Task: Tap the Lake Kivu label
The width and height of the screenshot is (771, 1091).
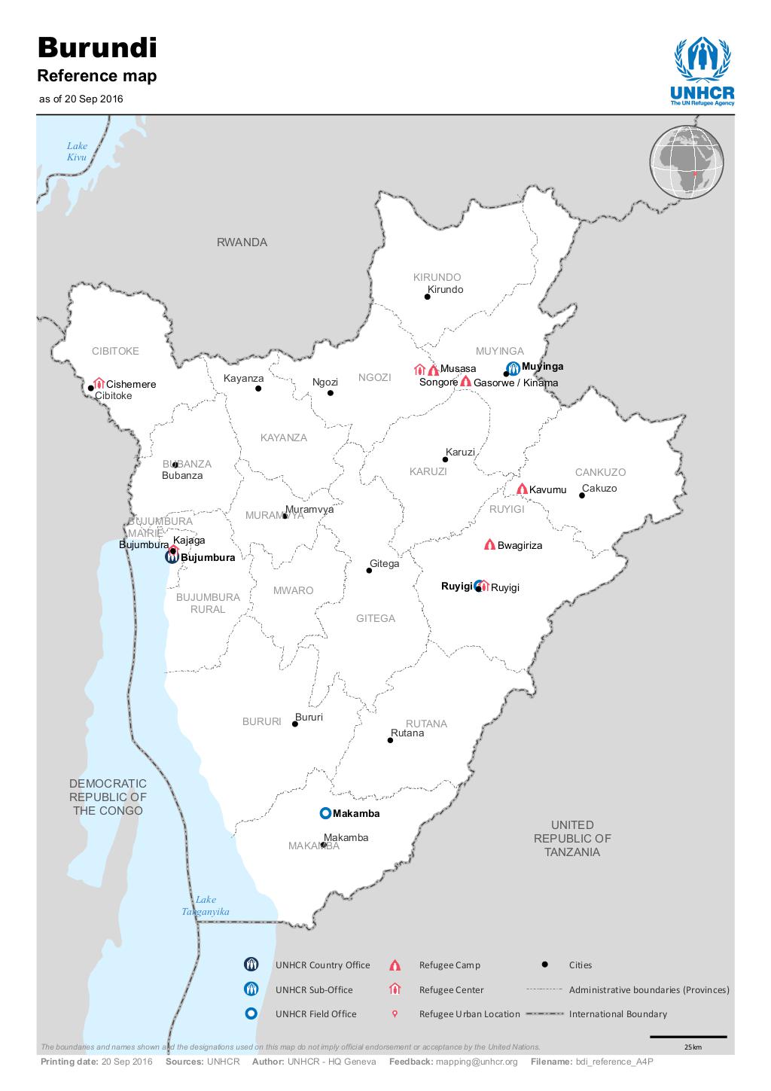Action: pyautogui.click(x=77, y=151)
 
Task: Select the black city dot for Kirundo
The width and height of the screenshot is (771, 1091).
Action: pyautogui.click(x=427, y=297)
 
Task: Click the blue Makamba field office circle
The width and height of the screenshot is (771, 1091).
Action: pyautogui.click(x=325, y=813)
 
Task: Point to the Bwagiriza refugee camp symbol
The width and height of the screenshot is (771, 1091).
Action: pyautogui.click(x=489, y=544)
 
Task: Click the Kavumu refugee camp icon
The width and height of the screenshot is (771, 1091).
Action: pyautogui.click(x=521, y=489)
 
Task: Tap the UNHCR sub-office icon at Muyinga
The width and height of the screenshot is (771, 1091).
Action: pyautogui.click(x=513, y=367)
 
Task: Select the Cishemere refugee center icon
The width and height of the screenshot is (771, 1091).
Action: pyautogui.click(x=99, y=383)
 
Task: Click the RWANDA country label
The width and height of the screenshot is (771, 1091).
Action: pyautogui.click(x=242, y=242)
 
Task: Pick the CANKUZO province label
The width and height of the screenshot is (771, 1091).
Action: pyautogui.click(x=600, y=472)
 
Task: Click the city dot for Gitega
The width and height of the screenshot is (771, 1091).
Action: pyautogui.click(x=369, y=570)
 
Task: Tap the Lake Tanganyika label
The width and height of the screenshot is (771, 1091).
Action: pyautogui.click(x=206, y=905)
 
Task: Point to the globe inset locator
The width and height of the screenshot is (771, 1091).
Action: pyautogui.click(x=686, y=163)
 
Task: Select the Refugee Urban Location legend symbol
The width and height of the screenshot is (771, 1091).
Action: pyautogui.click(x=395, y=1013)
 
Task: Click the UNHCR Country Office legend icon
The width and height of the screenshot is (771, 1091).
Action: pyautogui.click(x=251, y=965)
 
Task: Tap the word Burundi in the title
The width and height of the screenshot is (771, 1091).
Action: pyautogui.click(x=97, y=48)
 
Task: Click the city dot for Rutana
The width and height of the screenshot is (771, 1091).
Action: pyautogui.click(x=390, y=740)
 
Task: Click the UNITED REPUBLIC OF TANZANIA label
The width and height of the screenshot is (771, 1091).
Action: pyautogui.click(x=572, y=838)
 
